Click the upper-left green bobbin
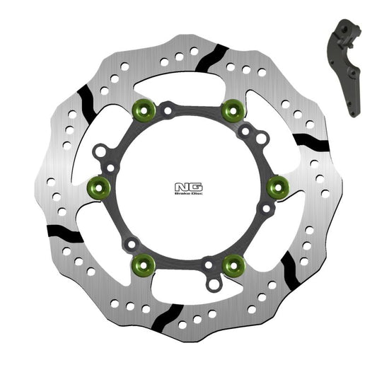144,109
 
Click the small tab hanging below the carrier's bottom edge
215,284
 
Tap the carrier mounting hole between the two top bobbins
167,110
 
